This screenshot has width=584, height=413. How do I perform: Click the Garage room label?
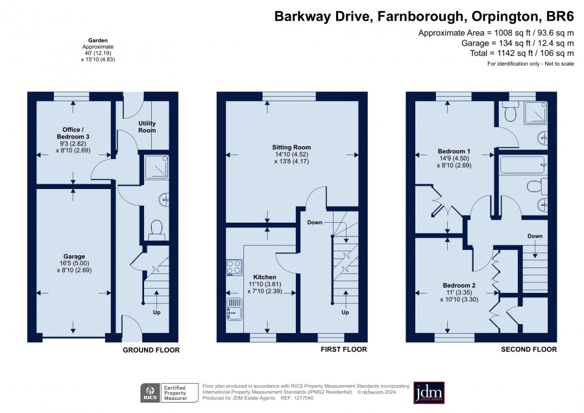[x=74, y=257]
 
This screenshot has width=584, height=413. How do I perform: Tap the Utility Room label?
[x=147, y=127]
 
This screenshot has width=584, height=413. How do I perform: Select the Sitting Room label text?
[x=291, y=147]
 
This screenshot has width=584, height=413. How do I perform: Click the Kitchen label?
[x=265, y=277]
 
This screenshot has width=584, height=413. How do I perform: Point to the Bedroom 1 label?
[x=454, y=151]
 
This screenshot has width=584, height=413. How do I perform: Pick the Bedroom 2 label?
[x=459, y=285]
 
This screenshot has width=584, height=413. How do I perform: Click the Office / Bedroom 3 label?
[x=73, y=133]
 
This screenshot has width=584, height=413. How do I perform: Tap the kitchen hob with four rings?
[x=234, y=268]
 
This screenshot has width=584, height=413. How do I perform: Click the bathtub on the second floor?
[x=523, y=165]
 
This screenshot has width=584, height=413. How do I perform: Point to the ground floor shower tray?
[x=157, y=167]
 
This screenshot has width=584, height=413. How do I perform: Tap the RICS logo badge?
[x=150, y=393]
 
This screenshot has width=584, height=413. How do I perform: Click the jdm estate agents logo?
[x=429, y=392]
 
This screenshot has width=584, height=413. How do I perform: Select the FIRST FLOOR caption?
[x=344, y=349]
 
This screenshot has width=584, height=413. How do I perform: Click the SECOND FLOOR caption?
[x=529, y=349]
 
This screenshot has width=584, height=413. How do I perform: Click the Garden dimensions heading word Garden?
[x=98, y=40]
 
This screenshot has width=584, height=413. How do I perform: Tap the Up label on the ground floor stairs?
[x=157, y=312]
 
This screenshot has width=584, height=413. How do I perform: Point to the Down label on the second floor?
[x=535, y=236]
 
